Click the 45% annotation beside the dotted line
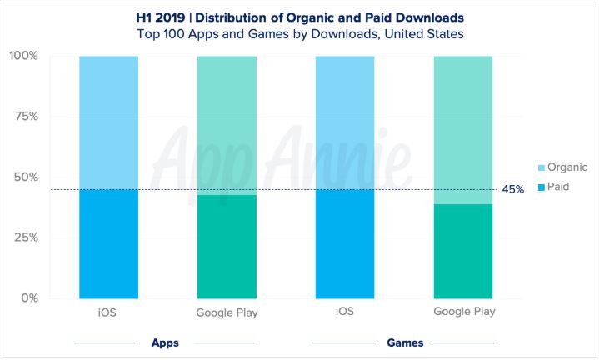(x=512, y=190)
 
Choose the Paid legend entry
(x=537, y=187)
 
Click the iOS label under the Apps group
(x=108, y=312)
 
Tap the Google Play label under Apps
(x=227, y=312)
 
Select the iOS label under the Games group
(x=345, y=312)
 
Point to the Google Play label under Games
(x=463, y=312)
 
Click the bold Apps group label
(x=166, y=342)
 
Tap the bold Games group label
(x=404, y=342)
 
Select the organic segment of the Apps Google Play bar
(x=227, y=125)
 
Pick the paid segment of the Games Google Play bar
(x=463, y=251)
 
